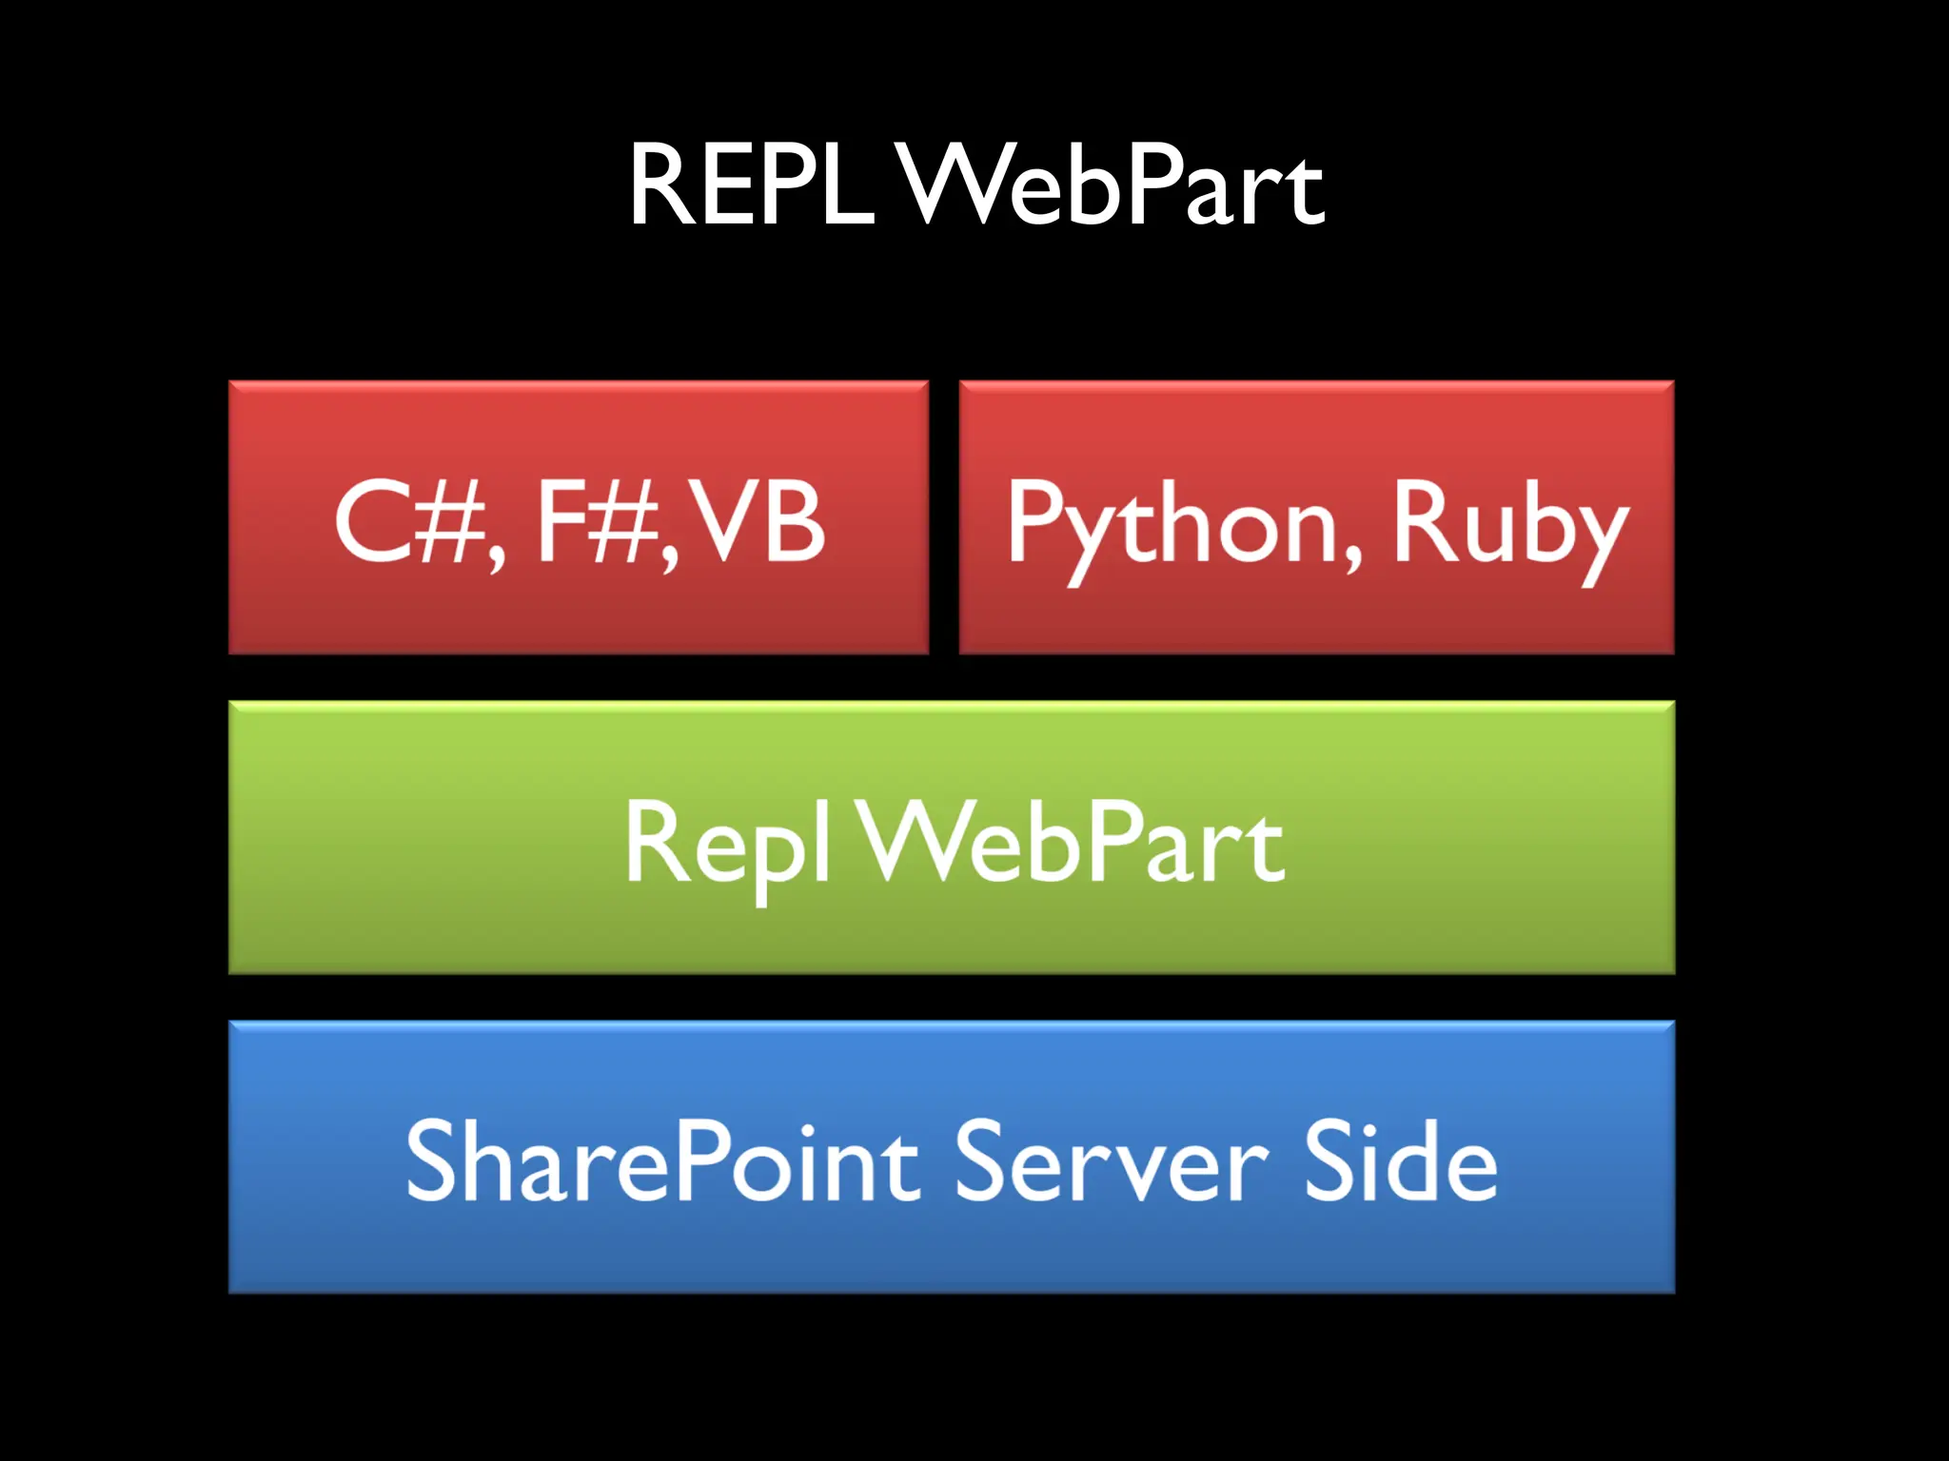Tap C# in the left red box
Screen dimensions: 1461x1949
click(409, 521)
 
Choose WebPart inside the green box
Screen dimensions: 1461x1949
click(1073, 843)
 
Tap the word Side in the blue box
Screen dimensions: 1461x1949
click(1400, 1161)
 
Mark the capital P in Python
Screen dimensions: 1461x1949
click(1034, 521)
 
